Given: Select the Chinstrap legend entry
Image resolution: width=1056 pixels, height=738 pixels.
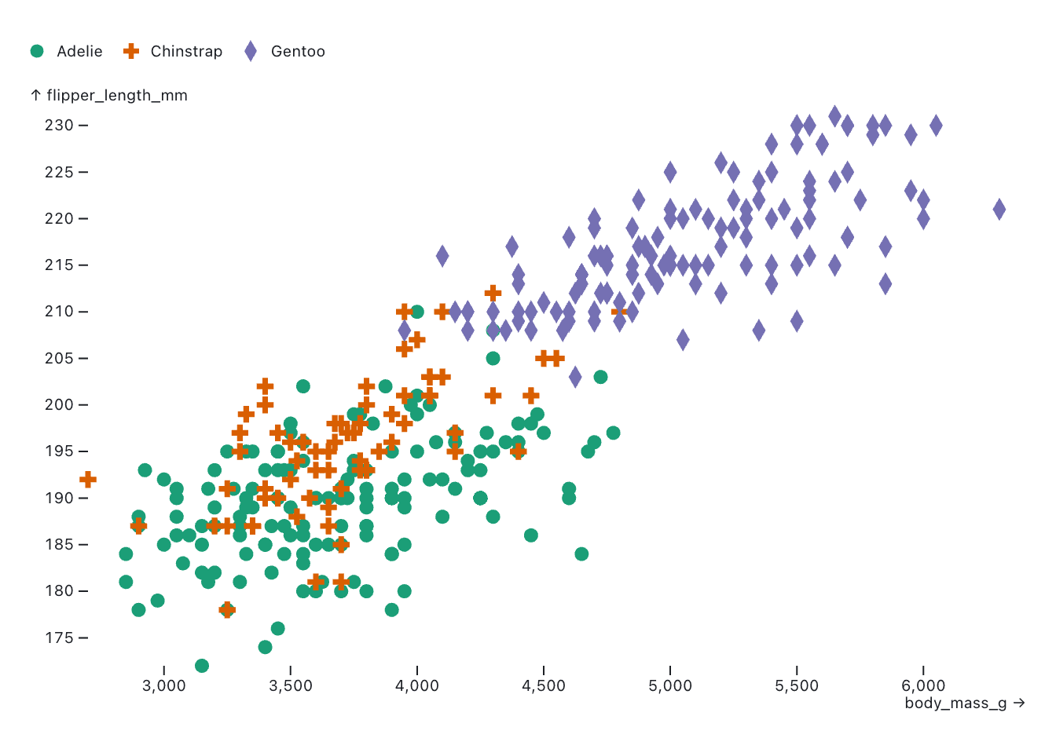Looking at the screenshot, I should point(174,51).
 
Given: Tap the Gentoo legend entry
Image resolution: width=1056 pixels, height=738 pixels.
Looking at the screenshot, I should point(284,51).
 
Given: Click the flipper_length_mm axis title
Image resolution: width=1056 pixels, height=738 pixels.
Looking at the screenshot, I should point(109,95).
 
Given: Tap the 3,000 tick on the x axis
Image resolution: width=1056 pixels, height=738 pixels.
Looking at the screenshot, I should point(164,685).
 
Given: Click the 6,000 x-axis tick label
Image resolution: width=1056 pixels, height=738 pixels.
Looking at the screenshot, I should point(923,685).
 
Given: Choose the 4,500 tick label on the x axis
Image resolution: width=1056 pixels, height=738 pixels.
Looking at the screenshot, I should point(544,685).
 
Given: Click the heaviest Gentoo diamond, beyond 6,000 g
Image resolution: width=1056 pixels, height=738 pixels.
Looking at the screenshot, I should point(999,209).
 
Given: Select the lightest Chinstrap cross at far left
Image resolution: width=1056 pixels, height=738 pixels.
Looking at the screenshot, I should point(88,479).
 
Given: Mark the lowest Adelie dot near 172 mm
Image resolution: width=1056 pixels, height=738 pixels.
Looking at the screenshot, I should point(202,666).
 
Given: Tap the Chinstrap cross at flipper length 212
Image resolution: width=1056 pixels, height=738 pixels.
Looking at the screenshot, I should point(493,294).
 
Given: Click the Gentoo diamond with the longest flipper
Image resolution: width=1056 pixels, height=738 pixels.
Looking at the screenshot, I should point(834,116).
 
